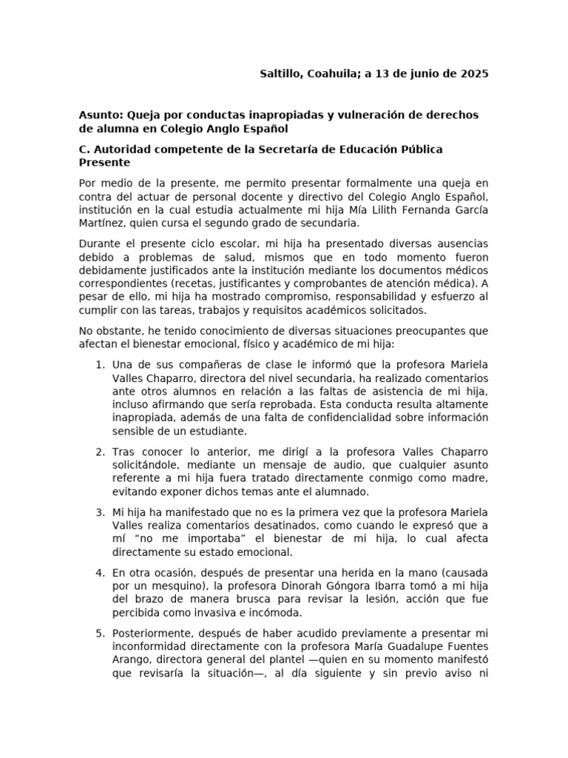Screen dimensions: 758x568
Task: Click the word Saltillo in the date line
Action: pos(281,74)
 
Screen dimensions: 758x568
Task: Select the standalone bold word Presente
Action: pos(104,162)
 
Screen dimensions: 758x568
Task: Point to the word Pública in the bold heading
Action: pos(420,149)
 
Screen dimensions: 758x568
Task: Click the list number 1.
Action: pos(100,364)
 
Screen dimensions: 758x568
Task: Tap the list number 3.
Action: pos(100,512)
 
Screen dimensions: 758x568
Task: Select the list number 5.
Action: pos(100,634)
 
